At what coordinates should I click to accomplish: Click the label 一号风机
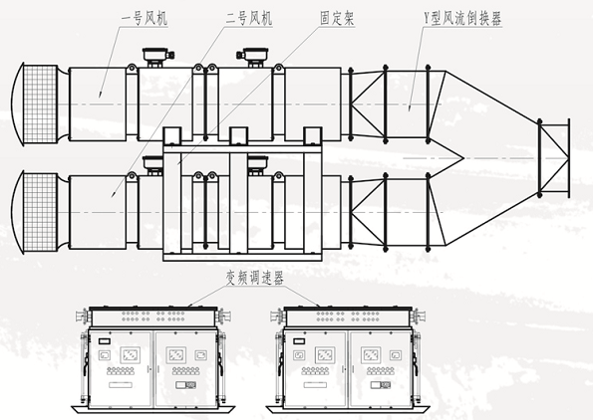(145, 19)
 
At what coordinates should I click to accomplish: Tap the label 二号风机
(249, 19)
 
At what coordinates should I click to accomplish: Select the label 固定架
(337, 19)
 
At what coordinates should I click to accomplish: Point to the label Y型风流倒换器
(462, 19)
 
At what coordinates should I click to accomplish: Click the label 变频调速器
(254, 279)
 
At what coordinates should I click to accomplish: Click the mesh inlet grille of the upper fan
(40, 105)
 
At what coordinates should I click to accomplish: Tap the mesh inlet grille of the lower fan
(40, 212)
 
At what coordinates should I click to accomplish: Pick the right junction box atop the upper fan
(252, 56)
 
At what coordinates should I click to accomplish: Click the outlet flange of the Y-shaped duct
(568, 158)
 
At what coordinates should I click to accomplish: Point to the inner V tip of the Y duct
(463, 158)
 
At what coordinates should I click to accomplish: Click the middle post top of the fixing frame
(238, 136)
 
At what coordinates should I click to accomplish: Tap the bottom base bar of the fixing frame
(242, 257)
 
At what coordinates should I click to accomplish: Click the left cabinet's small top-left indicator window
(105, 341)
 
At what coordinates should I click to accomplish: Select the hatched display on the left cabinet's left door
(131, 355)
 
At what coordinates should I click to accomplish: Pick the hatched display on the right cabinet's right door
(371, 355)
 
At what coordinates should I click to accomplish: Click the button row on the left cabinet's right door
(185, 371)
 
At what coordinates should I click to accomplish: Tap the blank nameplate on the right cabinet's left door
(315, 385)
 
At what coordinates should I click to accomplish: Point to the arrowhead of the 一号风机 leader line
(101, 95)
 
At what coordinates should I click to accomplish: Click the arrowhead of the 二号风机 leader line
(113, 194)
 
